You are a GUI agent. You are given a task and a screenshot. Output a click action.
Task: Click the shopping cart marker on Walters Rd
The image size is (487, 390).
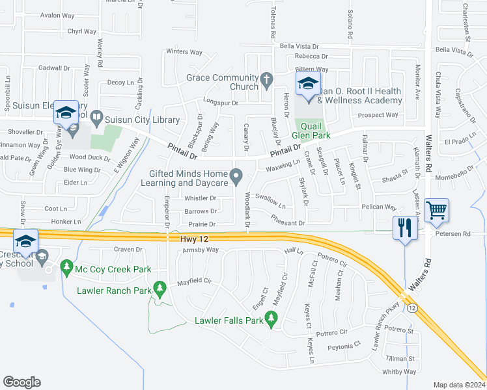tap(436, 210)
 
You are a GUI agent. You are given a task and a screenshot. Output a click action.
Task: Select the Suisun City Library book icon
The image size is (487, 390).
tap(96, 118)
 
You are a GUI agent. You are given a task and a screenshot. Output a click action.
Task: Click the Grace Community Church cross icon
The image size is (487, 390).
tap(266, 81)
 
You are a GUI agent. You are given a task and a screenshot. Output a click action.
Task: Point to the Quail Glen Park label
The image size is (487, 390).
tap(314, 131)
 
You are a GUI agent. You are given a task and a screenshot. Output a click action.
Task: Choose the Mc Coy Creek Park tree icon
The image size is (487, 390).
tap(66, 267)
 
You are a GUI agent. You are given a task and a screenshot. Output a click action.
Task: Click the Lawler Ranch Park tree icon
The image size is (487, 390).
tap(160, 287)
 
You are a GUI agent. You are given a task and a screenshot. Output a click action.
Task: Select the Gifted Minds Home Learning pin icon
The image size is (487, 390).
tap(237, 175)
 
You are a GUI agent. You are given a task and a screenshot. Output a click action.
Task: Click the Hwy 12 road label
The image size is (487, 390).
tap(193, 240)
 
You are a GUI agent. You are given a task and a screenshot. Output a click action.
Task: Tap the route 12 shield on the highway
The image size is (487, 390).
tap(412, 307)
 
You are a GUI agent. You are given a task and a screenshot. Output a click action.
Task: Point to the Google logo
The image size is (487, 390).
tap(21, 382)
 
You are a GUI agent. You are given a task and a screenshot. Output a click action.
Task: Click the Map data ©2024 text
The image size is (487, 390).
tap(458, 385)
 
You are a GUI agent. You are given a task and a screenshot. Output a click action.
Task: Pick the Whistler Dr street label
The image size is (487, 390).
tap(200, 198)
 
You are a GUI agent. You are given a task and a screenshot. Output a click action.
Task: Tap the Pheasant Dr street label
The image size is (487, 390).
tap(288, 223)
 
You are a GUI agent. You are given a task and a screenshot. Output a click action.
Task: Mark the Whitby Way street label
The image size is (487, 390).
tap(399, 372)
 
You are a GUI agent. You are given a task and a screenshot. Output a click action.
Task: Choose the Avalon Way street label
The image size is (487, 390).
tap(57, 15)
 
